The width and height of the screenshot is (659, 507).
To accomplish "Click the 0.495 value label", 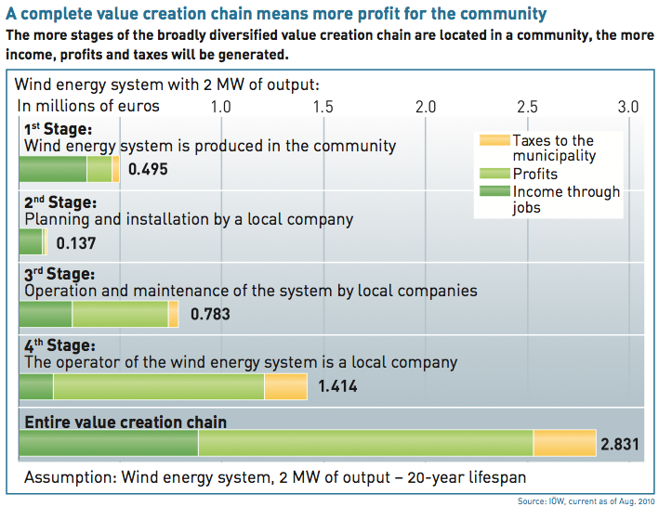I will [x=148, y=170].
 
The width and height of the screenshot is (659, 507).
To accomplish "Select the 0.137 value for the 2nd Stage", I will [x=75, y=244].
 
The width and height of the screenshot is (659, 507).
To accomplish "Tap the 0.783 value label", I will [x=209, y=315].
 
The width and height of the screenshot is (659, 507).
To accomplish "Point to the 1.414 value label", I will [x=337, y=386].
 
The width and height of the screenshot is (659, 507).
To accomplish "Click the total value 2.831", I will [x=620, y=444].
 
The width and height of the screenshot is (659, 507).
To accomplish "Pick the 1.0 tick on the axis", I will [x=221, y=106].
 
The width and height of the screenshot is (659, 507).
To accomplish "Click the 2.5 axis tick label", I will [x=527, y=106].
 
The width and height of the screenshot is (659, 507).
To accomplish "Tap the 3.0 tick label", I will [x=629, y=106].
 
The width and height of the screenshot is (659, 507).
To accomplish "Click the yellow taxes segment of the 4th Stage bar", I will [x=285, y=386].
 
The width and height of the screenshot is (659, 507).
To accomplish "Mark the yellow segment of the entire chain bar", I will [x=564, y=444].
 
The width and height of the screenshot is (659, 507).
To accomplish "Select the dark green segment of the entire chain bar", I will [x=108, y=444].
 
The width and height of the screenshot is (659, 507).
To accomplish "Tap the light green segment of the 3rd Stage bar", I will [x=120, y=315].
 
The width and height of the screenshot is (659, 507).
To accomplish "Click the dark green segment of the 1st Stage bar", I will [x=53, y=169].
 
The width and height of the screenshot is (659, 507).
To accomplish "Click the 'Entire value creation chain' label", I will [x=125, y=422].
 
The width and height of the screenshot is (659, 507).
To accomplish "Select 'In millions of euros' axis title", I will [x=88, y=106].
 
